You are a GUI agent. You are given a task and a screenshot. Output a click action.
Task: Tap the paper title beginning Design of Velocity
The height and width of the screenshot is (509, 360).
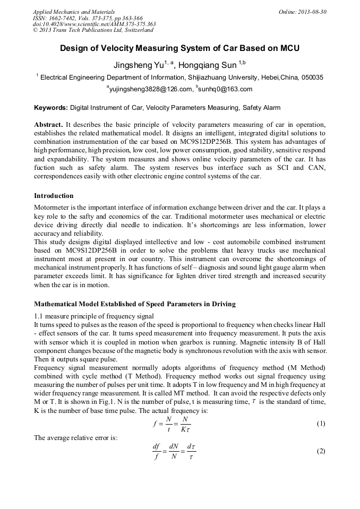tap(179, 49)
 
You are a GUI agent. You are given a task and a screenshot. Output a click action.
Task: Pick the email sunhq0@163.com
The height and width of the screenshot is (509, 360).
tap(225, 89)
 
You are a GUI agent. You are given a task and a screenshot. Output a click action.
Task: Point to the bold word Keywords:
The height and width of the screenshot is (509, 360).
tap(50, 108)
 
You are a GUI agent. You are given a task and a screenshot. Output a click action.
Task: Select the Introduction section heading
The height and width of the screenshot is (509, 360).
tap(54, 196)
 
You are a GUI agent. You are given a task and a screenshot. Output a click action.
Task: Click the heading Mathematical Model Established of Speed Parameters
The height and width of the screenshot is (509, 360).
tap(135, 304)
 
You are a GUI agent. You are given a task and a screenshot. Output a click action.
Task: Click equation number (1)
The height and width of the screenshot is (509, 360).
tap(320, 424)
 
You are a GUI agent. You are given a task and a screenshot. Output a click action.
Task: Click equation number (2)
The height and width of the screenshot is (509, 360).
tap(320, 451)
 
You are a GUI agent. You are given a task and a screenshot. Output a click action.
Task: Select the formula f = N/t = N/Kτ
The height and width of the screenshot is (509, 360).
tap(172, 424)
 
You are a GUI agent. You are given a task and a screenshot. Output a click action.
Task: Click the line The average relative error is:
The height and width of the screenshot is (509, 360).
tap(75, 438)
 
